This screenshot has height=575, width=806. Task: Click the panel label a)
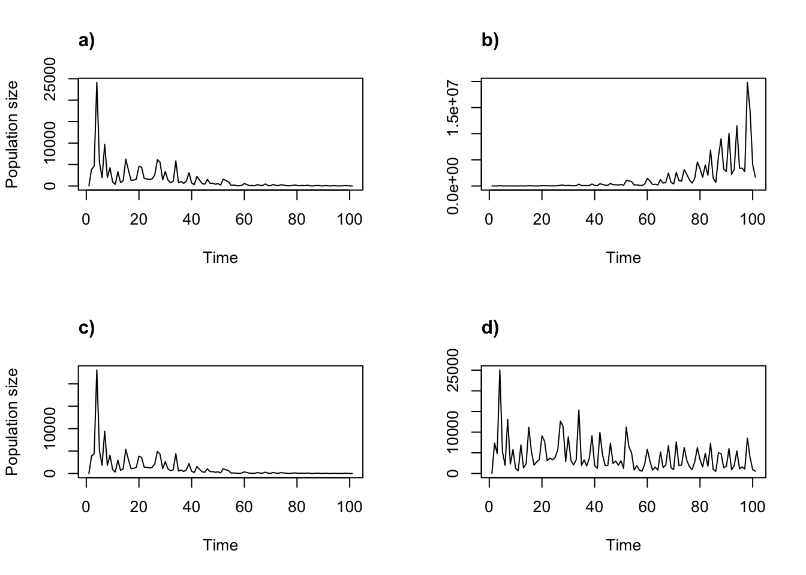[x=86, y=41]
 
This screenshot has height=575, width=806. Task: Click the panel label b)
[x=490, y=41]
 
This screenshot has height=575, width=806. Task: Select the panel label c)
[x=86, y=328]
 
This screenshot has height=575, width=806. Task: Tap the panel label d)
[x=490, y=328]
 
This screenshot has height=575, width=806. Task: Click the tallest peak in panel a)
[x=97, y=83]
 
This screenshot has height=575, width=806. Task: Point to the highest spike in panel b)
[x=747, y=83]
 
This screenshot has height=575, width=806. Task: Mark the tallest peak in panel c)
[x=97, y=370]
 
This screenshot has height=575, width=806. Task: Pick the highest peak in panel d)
[x=500, y=370]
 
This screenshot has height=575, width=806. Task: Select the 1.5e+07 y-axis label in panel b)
[x=456, y=108]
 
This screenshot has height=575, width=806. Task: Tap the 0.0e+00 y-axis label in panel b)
[x=456, y=186]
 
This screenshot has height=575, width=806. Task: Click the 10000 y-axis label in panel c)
[x=53, y=429]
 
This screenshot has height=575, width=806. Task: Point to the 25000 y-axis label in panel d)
[x=456, y=371]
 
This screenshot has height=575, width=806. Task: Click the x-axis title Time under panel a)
[x=221, y=258]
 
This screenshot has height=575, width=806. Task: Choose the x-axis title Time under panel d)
[x=623, y=546]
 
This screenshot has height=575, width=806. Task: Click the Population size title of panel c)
[x=13, y=422]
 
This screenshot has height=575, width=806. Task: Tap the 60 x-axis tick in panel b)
[x=647, y=220]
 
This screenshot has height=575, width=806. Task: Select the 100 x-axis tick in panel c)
[x=350, y=507]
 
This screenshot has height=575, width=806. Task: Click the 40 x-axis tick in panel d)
[x=594, y=507]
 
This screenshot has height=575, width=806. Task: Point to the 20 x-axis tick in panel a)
[x=139, y=220]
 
